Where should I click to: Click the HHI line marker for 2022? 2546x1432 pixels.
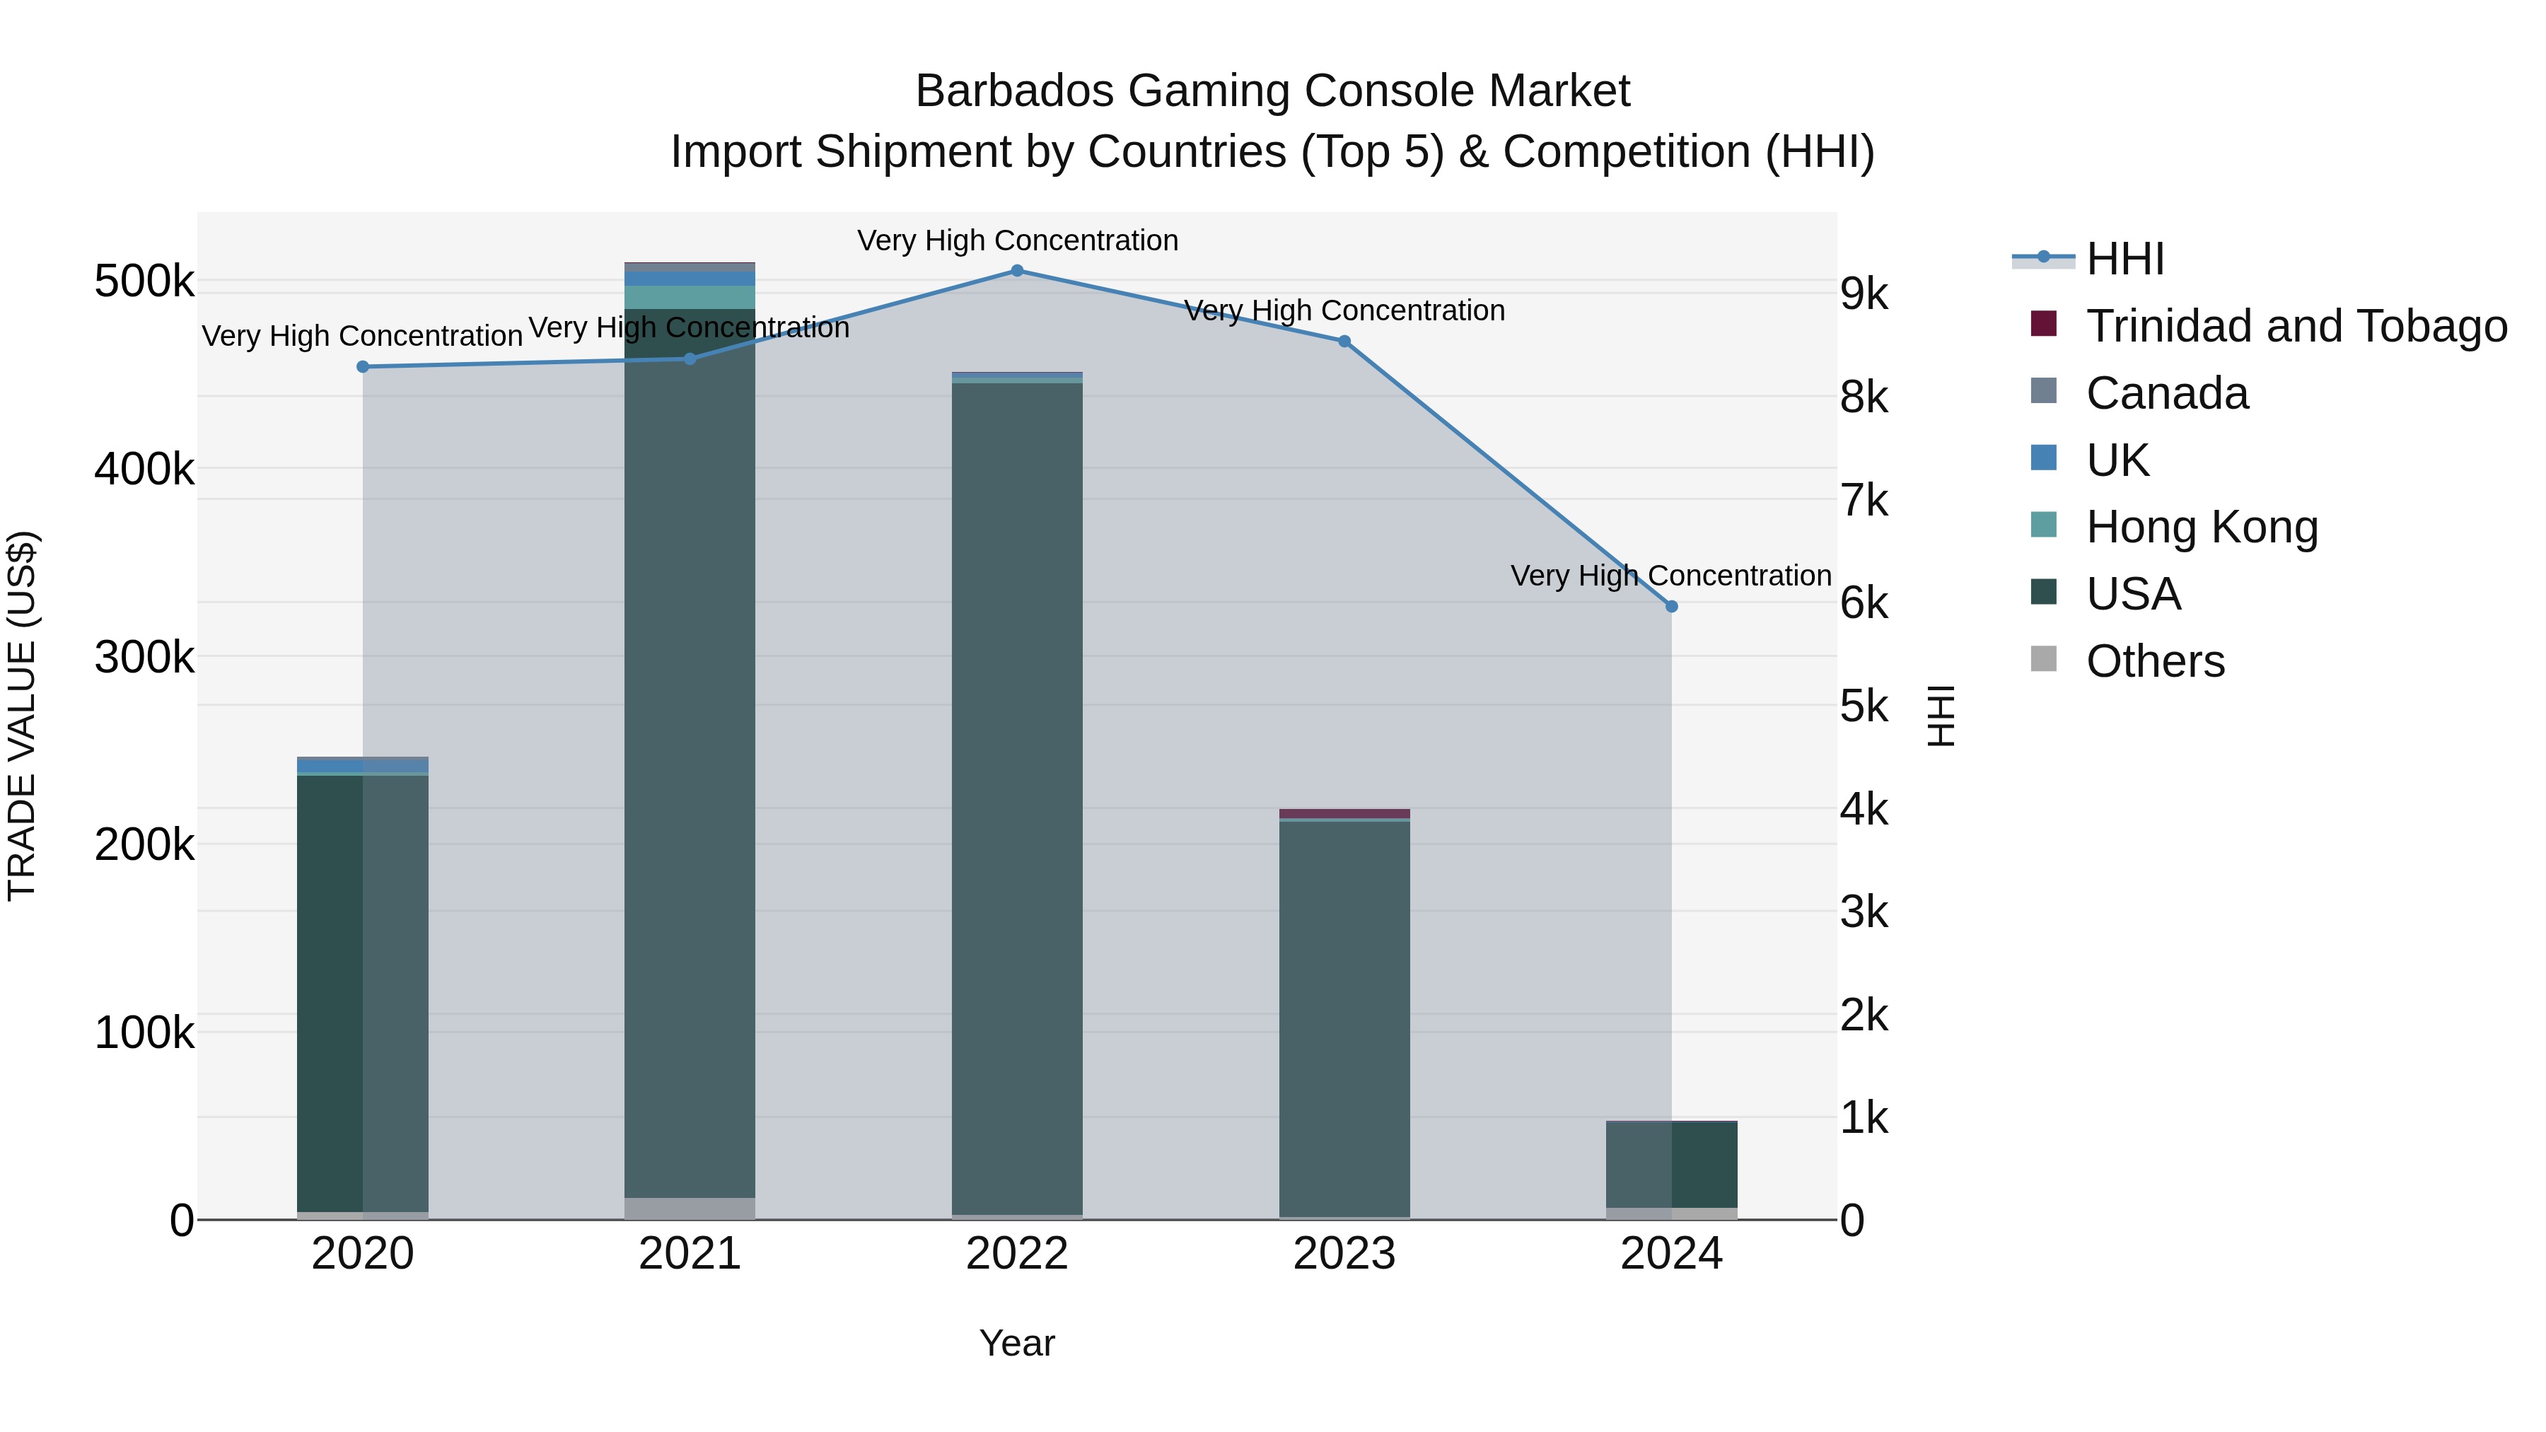1017,271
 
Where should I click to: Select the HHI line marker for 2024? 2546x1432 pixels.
1671,607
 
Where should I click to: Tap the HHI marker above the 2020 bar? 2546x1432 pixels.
363,366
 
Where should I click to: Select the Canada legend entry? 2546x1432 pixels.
2166,393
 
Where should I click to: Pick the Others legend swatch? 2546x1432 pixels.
2043,659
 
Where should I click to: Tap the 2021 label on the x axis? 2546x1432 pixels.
690,1254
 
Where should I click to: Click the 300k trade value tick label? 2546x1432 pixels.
144,657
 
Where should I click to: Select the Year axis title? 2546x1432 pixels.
1017,1343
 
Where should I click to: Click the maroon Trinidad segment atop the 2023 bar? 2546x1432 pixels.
1344,813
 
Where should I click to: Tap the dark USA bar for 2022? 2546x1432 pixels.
1017,791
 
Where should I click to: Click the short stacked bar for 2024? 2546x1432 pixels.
1671,1166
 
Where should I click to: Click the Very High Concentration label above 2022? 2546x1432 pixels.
1017,240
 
